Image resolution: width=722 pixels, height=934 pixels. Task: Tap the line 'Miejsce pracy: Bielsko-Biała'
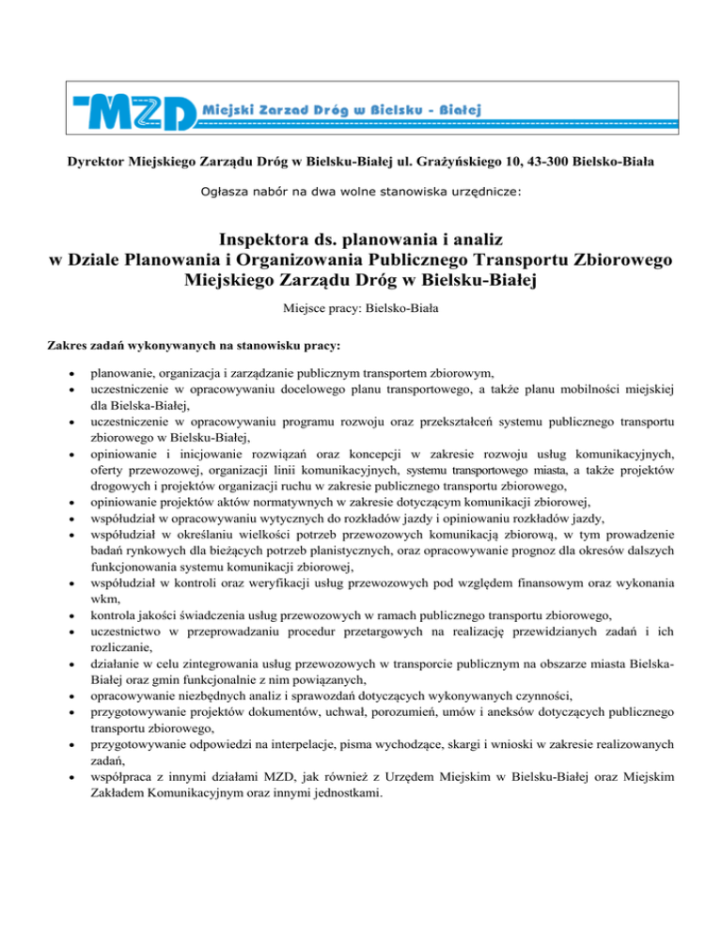pyautogui.click(x=361, y=307)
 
